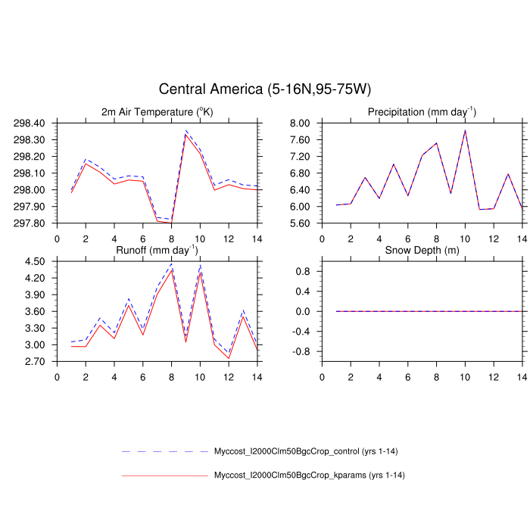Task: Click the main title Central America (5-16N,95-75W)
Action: click(265, 90)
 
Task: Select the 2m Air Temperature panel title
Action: click(157, 112)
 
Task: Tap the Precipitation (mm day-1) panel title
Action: click(422, 112)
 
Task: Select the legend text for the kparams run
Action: click(307, 475)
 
